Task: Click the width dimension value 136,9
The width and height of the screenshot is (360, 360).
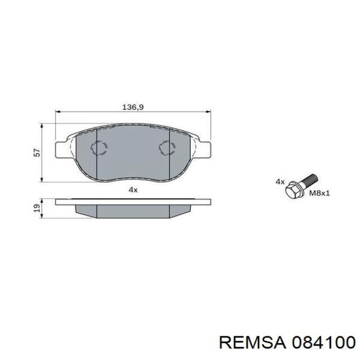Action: click(132, 107)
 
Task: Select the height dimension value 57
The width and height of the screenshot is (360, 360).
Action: click(36, 152)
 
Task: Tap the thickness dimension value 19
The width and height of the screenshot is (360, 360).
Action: click(36, 208)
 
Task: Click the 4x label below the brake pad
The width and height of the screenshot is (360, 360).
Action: click(133, 190)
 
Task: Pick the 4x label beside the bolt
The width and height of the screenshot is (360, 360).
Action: click(280, 182)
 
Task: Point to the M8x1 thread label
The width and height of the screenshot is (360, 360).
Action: click(318, 194)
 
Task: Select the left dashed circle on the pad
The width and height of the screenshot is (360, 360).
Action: click(98, 148)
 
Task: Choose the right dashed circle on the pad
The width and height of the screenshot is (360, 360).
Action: click(167, 148)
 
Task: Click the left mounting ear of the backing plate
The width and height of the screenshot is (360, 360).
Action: click(61, 148)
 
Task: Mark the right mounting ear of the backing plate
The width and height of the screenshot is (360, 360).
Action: click(205, 148)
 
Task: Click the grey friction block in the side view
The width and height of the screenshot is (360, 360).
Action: click(133, 211)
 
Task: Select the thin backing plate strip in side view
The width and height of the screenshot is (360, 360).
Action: click(133, 202)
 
